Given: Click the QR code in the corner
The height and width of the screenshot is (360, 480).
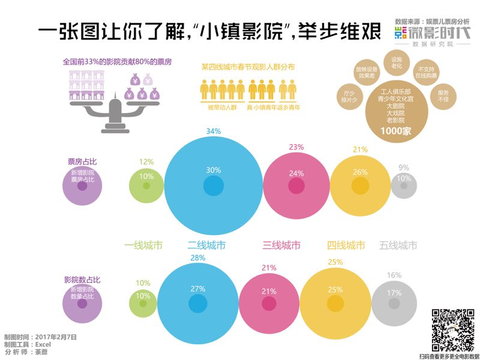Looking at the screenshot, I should pyautogui.click(x=451, y=329).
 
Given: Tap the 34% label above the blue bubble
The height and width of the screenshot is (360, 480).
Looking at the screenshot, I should pyautogui.click(x=214, y=131).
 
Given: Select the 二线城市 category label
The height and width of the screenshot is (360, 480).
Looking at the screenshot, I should pyautogui.click(x=206, y=245).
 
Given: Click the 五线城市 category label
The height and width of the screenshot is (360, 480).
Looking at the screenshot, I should pyautogui.click(x=398, y=245).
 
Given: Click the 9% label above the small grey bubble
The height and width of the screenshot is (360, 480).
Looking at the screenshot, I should pyautogui.click(x=404, y=168).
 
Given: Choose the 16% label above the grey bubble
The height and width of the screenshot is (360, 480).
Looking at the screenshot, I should pyautogui.click(x=394, y=275).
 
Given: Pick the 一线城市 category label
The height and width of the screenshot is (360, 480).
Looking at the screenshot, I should pyautogui.click(x=143, y=245).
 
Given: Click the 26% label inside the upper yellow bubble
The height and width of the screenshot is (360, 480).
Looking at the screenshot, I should pyautogui.click(x=361, y=172).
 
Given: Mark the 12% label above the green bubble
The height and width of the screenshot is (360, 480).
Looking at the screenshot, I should pyautogui.click(x=147, y=161).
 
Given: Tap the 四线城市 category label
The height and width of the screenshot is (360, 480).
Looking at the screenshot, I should pyautogui.click(x=346, y=245).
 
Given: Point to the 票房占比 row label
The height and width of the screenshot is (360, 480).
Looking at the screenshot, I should pyautogui.click(x=82, y=161).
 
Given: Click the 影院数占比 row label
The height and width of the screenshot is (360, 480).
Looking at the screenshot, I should pyautogui.click(x=82, y=280).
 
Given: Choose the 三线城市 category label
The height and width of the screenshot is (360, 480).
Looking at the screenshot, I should pyautogui.click(x=281, y=245).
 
